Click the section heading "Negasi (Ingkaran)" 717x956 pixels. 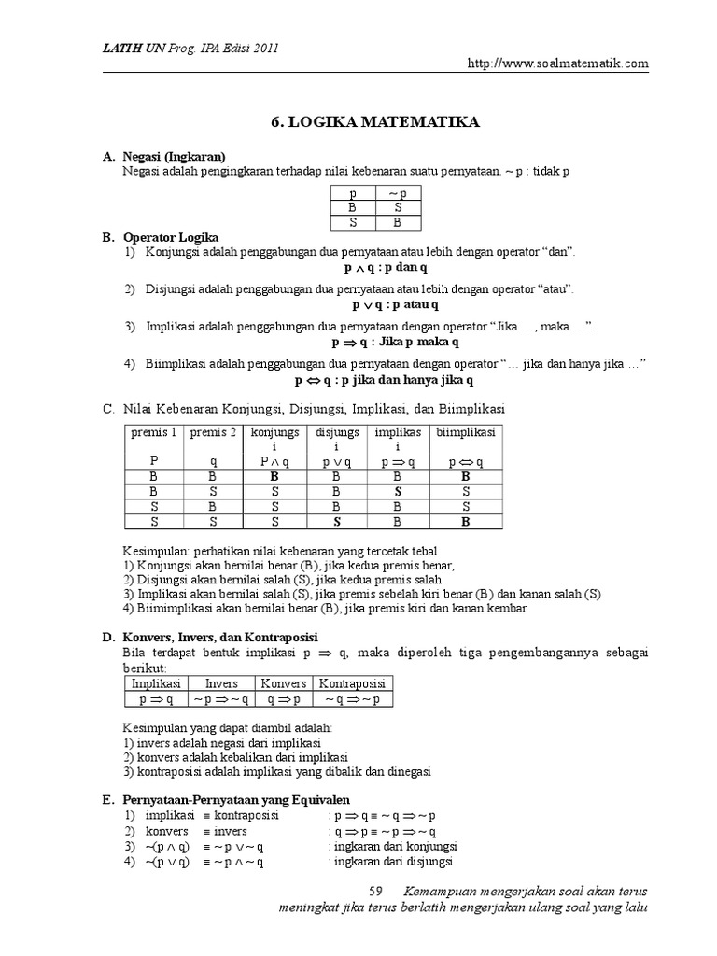(x=175, y=156)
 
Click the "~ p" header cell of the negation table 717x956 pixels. (x=397, y=192)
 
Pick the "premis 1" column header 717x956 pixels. (x=153, y=432)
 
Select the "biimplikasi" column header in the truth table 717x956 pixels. (x=465, y=432)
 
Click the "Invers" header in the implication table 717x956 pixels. (x=221, y=683)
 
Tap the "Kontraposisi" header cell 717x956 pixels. (x=352, y=683)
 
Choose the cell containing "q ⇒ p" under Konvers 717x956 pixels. (x=283, y=698)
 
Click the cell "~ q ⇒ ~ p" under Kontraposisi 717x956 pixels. (x=352, y=698)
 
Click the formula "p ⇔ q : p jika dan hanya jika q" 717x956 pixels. (x=385, y=381)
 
